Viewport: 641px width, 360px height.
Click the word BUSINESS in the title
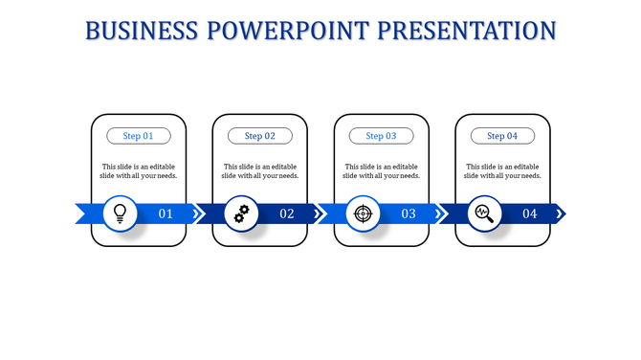point(142,31)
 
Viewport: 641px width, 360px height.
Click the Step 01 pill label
point(139,136)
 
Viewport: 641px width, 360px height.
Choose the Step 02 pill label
point(260,136)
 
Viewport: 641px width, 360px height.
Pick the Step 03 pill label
point(382,136)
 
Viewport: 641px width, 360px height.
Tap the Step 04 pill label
point(502,136)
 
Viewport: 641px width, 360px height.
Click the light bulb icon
point(120,213)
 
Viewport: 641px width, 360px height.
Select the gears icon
point(241,213)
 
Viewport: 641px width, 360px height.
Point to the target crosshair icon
point(362,213)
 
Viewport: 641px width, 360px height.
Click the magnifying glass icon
point(483,213)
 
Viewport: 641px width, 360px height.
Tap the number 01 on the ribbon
point(166,214)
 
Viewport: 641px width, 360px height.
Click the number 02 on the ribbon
point(287,214)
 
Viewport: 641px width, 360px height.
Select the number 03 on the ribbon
point(409,214)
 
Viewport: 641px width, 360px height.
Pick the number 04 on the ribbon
point(529,214)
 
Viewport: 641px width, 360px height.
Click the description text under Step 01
point(139,171)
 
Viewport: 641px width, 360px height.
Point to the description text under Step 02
point(260,171)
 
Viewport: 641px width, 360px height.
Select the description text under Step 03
point(382,171)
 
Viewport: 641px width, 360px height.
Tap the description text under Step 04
point(502,171)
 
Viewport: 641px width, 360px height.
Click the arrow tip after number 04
point(561,214)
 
